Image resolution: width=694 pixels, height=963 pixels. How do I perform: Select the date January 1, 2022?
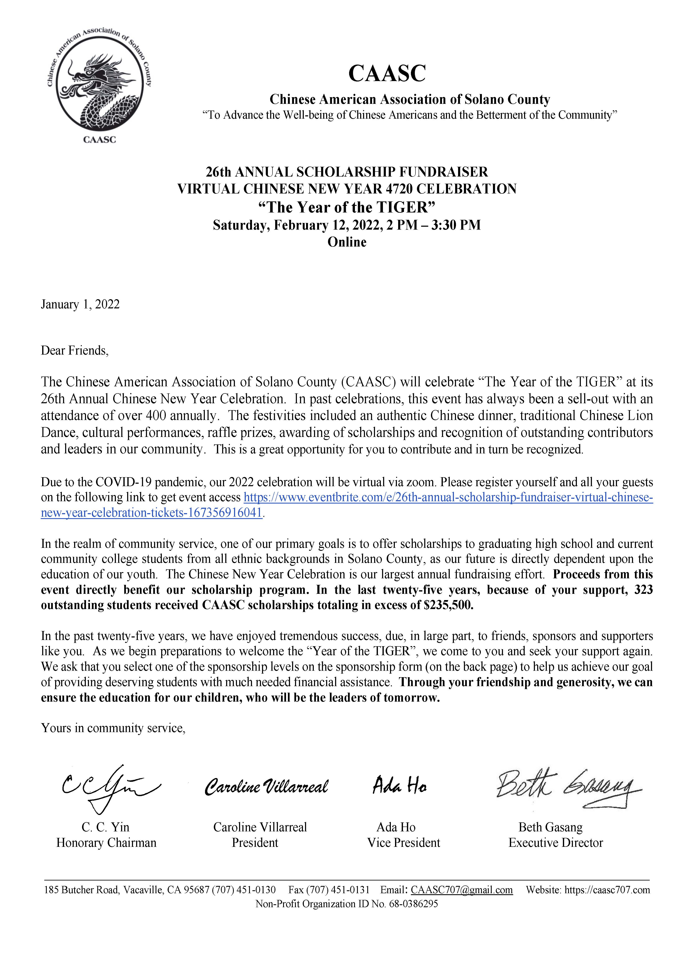click(80, 304)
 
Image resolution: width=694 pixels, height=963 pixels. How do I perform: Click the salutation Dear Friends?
click(75, 351)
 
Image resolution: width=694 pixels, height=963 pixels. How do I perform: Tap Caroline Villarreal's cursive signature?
click(266, 787)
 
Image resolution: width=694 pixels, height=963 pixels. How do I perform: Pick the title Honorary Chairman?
click(106, 843)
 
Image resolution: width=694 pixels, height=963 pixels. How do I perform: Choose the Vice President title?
click(403, 843)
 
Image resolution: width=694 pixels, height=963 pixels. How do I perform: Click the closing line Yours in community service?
click(113, 728)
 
